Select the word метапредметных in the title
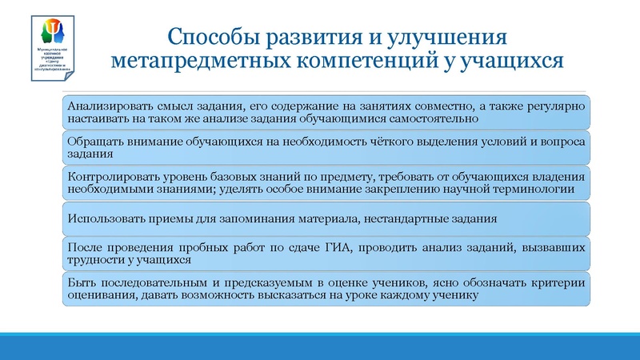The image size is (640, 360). tap(190, 61)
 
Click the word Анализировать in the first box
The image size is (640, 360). tap(108, 106)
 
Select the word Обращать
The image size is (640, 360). tap(94, 141)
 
